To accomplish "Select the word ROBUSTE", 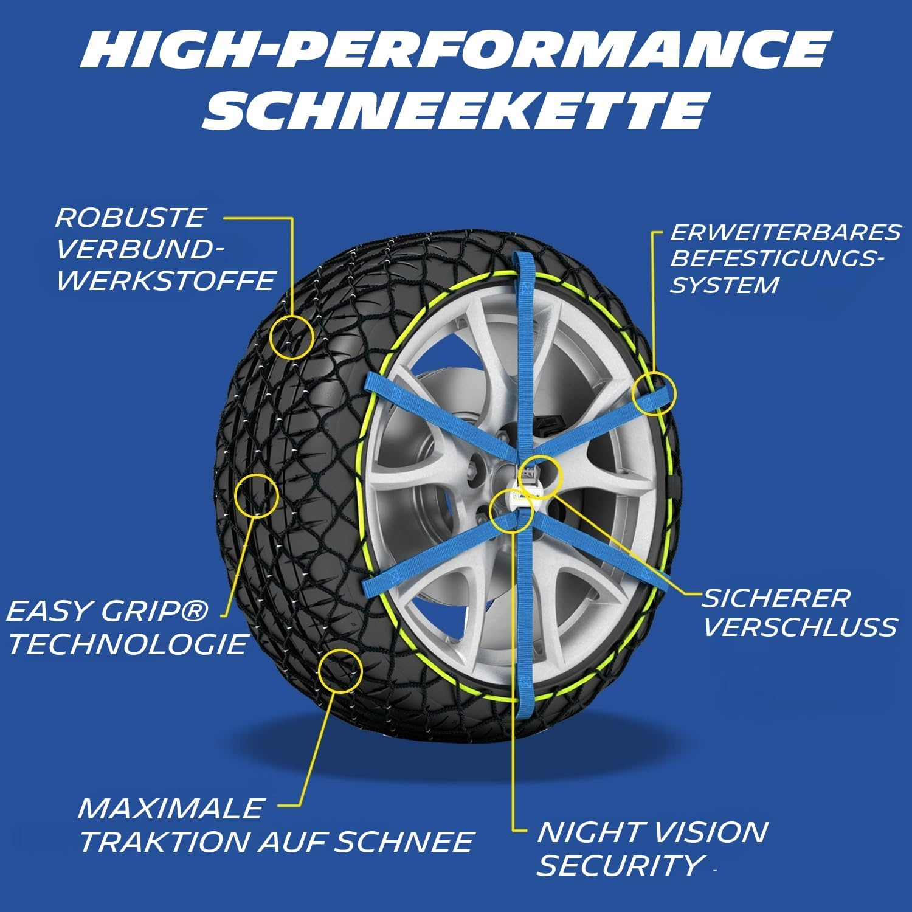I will click(x=131, y=218).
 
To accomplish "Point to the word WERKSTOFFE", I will click(x=166, y=281).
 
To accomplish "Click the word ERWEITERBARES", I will click(x=786, y=232).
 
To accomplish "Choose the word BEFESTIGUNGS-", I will click(x=777, y=258).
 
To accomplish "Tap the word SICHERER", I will click(x=776, y=598).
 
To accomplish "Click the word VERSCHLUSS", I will click(x=800, y=627).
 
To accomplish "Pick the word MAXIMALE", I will click(x=171, y=809).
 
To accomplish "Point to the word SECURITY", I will click(x=620, y=865).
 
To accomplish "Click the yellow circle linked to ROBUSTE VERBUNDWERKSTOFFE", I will click(x=292, y=336).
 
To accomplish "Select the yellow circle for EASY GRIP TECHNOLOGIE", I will click(x=257, y=496).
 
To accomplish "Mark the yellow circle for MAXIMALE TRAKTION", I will click(x=340, y=671).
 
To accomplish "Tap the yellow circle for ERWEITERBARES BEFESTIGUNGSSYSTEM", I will click(x=654, y=393).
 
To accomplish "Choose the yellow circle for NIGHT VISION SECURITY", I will click(x=511, y=510).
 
